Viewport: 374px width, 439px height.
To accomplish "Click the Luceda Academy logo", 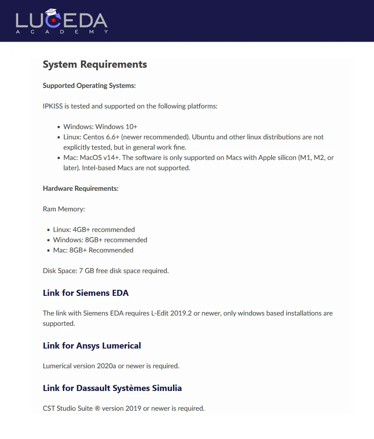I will click(62, 21).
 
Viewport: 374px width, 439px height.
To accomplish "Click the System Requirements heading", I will click(95, 64).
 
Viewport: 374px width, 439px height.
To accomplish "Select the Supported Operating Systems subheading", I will click(89, 85).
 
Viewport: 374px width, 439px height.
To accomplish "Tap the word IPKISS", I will click(53, 106).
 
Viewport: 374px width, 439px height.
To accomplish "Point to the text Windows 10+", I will click(116, 126).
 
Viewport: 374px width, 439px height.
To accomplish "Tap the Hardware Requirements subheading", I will click(81, 188).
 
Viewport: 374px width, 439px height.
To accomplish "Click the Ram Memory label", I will click(64, 209).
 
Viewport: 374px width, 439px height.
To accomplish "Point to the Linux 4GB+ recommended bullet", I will click(94, 229).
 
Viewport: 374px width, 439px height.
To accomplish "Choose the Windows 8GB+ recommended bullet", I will click(100, 240).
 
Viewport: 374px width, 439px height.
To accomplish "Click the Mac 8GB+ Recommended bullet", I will click(93, 250).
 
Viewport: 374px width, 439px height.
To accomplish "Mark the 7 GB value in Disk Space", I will click(87, 271).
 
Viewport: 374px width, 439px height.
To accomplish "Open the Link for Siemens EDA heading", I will click(86, 293).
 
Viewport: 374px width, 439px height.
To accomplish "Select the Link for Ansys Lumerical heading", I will click(92, 346).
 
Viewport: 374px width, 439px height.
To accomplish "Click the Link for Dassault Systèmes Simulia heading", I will click(112, 388).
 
